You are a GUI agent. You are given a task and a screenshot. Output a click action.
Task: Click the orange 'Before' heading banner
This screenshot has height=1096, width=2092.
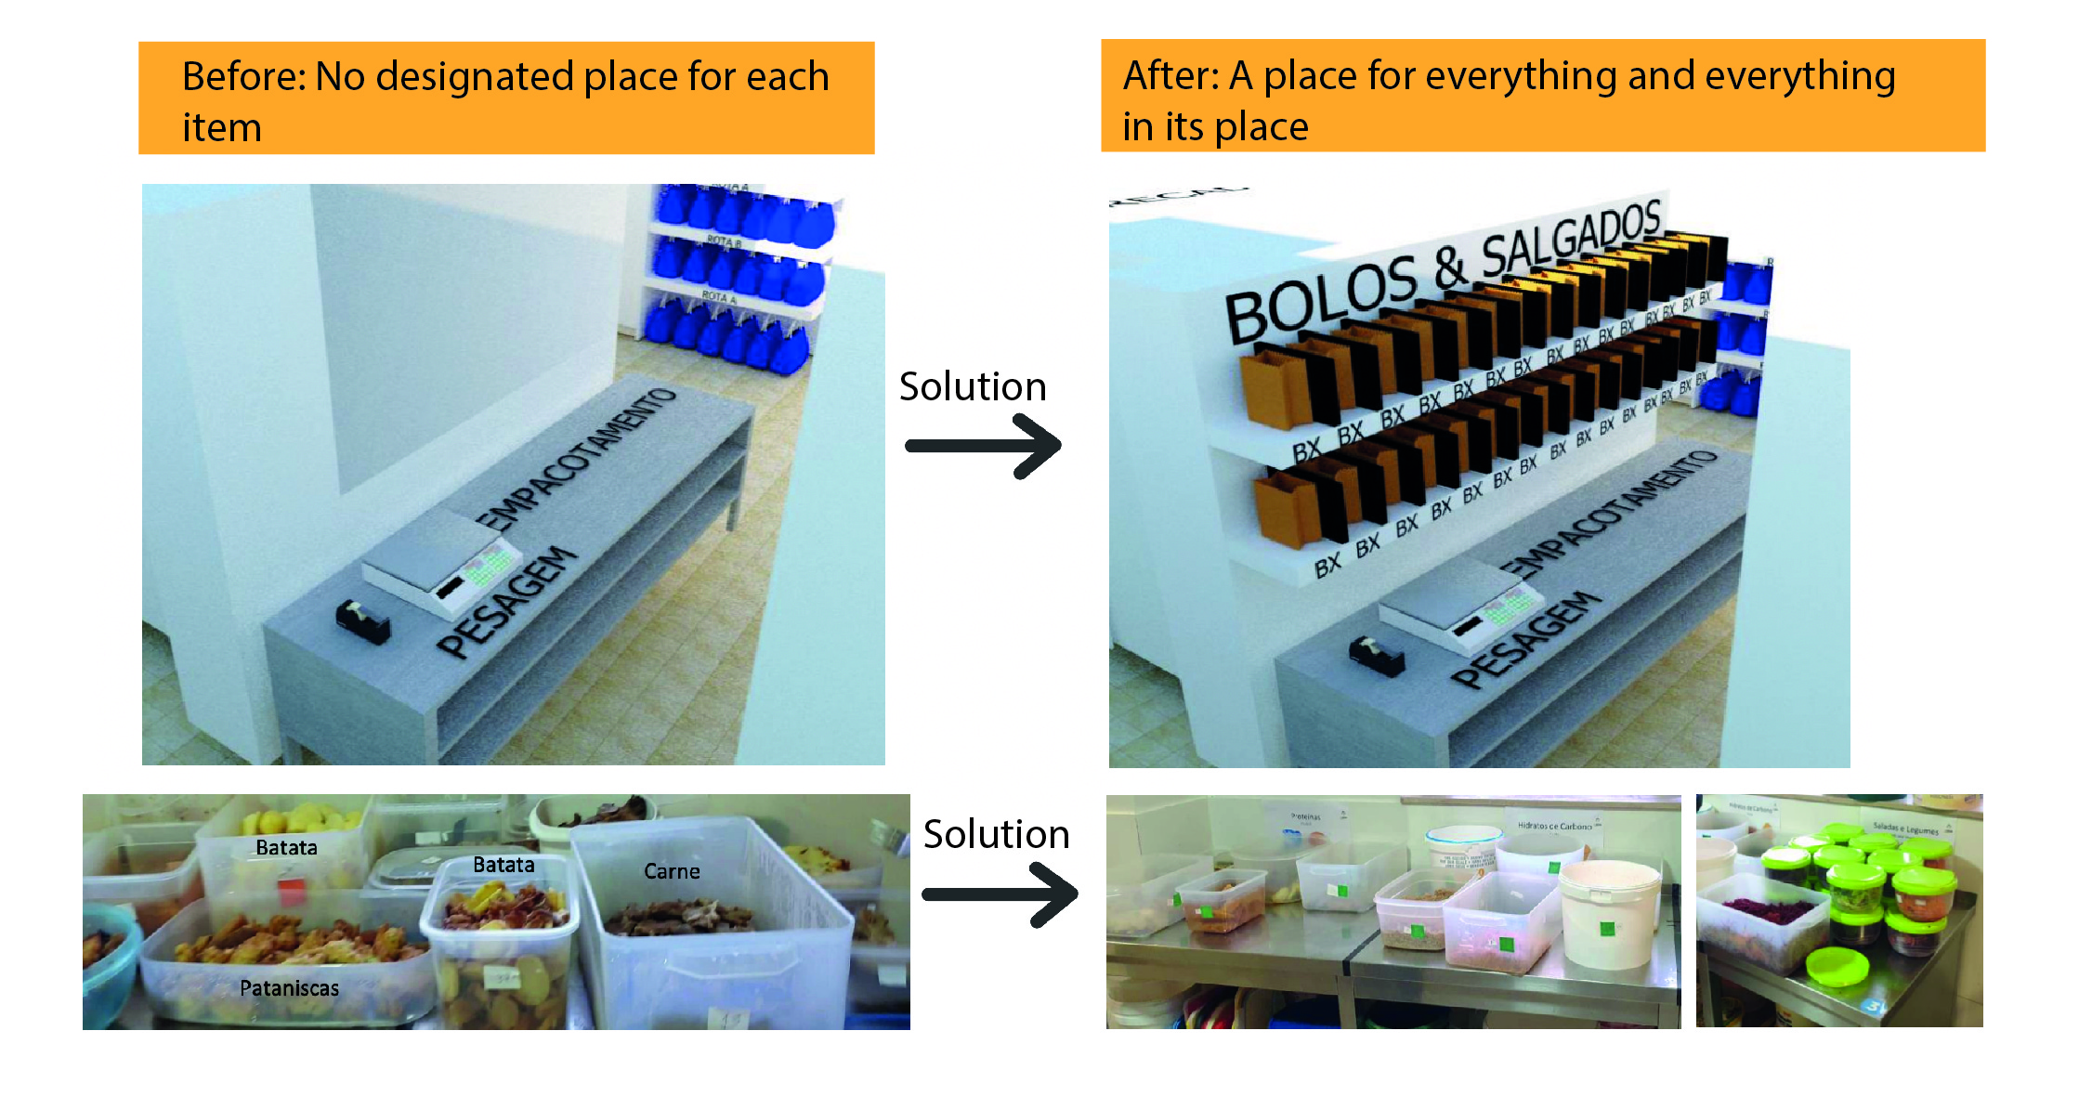pyautogui.click(x=506, y=98)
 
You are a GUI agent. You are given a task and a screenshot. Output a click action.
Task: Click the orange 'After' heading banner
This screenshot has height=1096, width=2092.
pyautogui.click(x=1542, y=96)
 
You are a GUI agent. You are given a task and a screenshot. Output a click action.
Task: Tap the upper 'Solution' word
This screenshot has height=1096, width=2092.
pyautogui.click(x=973, y=386)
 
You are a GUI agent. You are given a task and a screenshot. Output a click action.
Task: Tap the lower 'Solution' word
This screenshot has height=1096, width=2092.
pyautogui.click(x=996, y=834)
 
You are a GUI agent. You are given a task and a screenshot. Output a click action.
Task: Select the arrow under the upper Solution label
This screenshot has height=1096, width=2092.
pyautogui.click(x=983, y=446)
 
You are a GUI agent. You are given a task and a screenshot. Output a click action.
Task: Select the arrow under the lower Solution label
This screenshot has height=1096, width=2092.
pyautogui.click(x=1000, y=894)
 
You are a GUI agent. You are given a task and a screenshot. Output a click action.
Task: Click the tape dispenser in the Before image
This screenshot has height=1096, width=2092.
pyautogui.click(x=362, y=620)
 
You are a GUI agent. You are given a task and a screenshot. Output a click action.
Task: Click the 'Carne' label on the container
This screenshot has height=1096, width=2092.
pyautogui.click(x=672, y=871)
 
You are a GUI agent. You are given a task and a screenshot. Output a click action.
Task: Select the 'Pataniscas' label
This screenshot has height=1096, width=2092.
pyautogui.click(x=289, y=988)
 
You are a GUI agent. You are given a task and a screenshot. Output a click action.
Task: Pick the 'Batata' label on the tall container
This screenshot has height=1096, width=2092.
pyautogui.click(x=286, y=847)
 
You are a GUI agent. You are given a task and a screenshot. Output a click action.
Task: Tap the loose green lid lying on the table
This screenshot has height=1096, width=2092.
pyautogui.click(x=1838, y=967)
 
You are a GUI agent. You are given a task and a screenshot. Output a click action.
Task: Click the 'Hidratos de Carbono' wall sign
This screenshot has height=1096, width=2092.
pyautogui.click(x=1554, y=825)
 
